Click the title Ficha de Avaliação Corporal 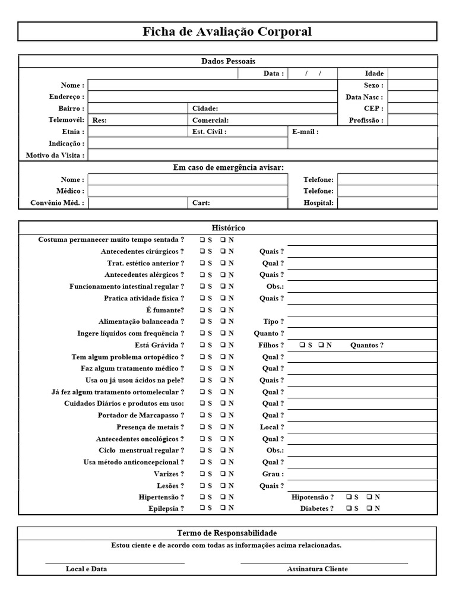point(227,31)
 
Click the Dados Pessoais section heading point(228,61)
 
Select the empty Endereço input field point(213,97)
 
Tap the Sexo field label point(373,85)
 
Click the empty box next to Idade point(413,74)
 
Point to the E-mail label point(305,132)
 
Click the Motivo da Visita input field point(262,156)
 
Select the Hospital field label point(318,203)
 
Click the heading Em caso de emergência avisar point(228,168)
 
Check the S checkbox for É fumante point(202,310)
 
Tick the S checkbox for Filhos point(302,345)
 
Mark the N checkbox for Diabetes point(369,509)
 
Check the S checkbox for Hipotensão point(349,497)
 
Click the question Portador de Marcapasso point(141,416)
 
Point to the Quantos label point(366,346)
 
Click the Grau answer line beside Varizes point(362,474)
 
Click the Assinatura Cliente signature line point(324,562)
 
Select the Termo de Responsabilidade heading point(227,533)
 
